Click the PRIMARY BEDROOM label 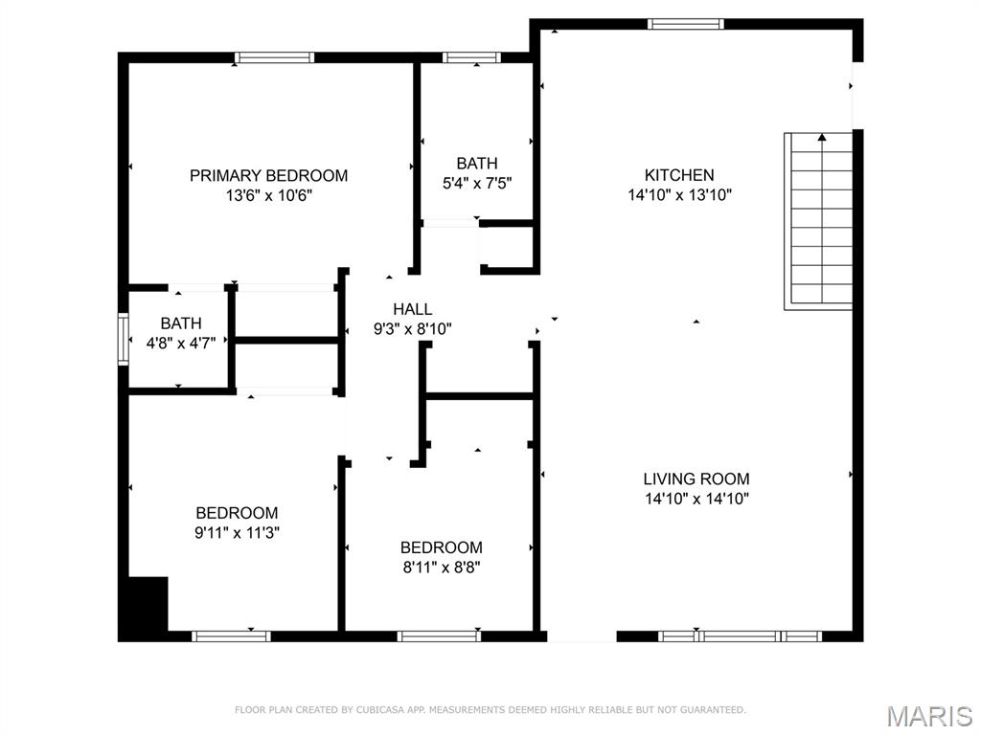coord(268,175)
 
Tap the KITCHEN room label coord(678,175)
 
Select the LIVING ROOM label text coord(696,479)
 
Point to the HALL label coord(412,309)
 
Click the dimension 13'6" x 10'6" coord(268,195)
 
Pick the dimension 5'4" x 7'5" coord(476,183)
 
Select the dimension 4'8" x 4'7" coord(181,343)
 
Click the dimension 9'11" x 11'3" coord(237,532)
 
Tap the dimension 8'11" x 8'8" coord(441,567)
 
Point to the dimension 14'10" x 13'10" coord(678,195)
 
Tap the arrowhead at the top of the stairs coord(821,138)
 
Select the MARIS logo coord(928,716)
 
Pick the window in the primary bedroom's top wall coord(275,57)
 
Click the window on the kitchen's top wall coord(686,24)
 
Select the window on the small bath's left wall coord(123,339)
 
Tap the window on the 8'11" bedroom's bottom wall coord(439,635)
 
